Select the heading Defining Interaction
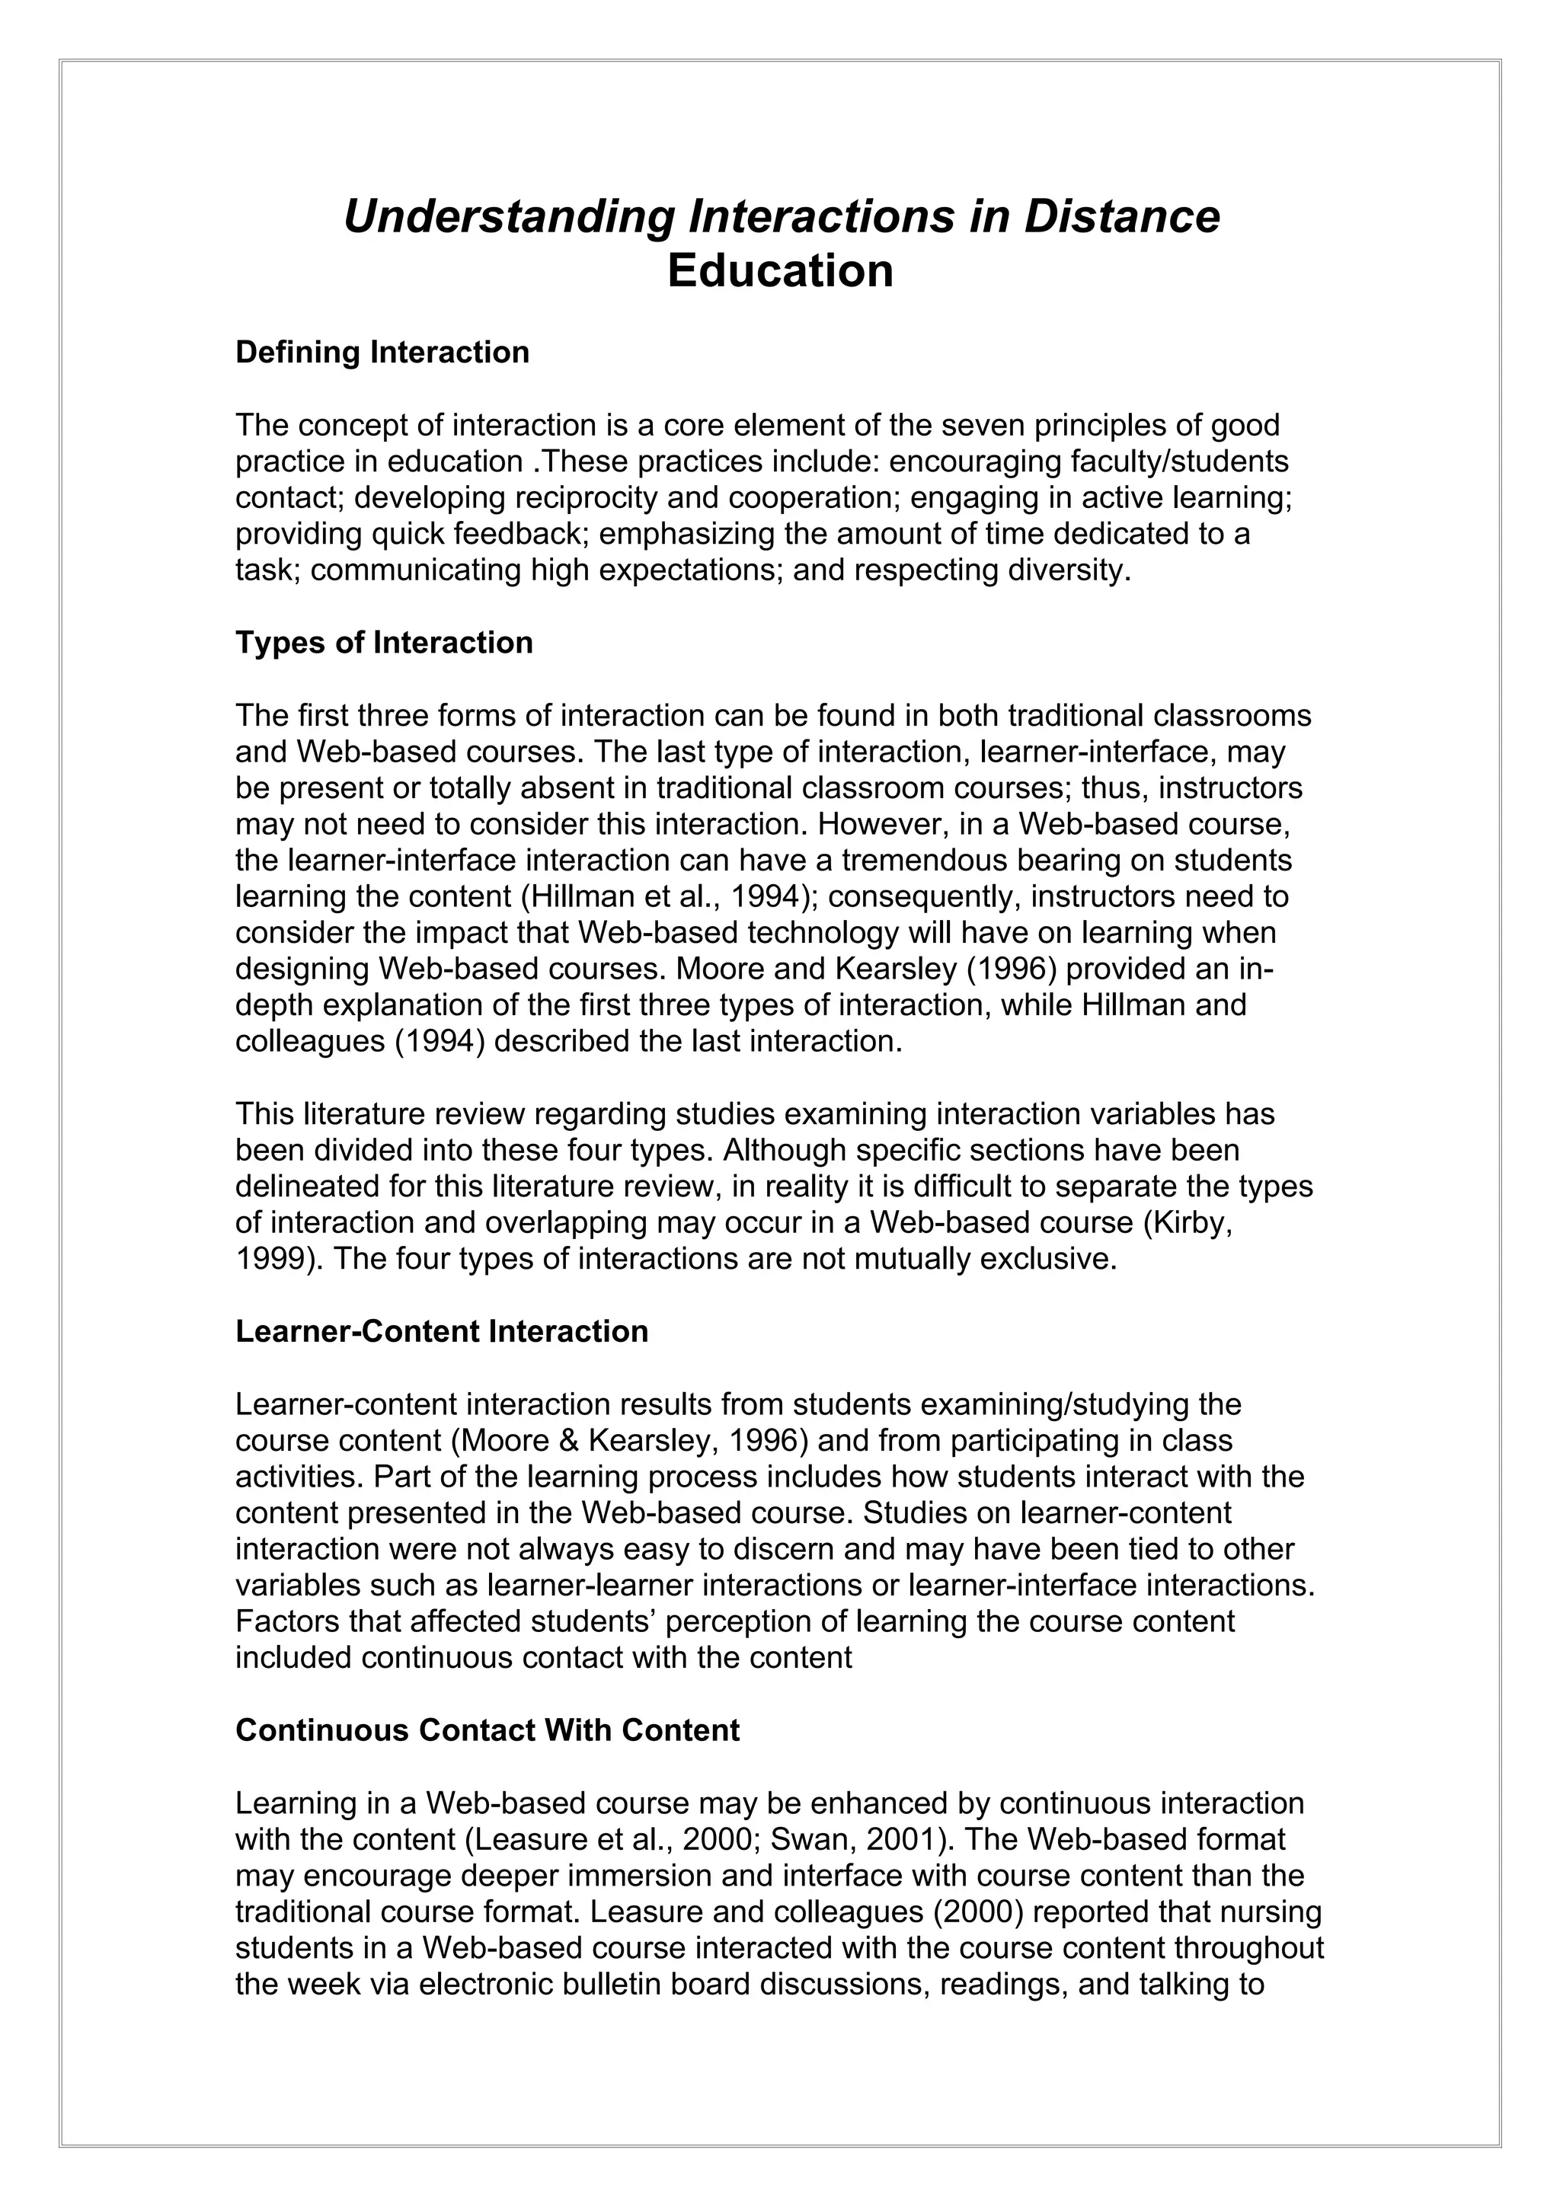(x=382, y=353)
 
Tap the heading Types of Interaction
(x=383, y=642)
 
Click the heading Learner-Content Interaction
(x=441, y=1331)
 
